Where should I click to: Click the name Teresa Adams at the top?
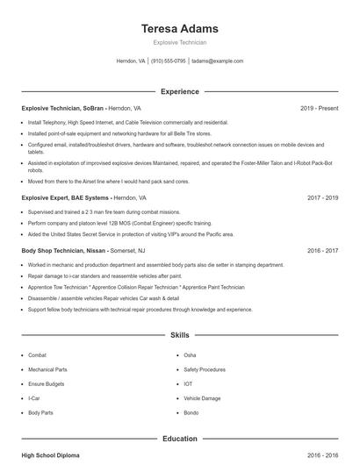[x=180, y=29]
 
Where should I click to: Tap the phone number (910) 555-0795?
[x=169, y=61]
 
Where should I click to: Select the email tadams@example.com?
[x=217, y=61]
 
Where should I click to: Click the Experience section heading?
[x=180, y=91]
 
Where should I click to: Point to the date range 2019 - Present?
[x=319, y=108]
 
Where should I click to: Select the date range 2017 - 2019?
[x=322, y=198]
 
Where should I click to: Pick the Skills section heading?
[x=180, y=335]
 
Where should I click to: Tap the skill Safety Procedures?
[x=205, y=369]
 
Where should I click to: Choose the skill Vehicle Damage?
[x=202, y=397]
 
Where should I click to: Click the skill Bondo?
[x=191, y=411]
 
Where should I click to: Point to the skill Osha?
[x=190, y=355]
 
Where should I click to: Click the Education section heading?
[x=180, y=439]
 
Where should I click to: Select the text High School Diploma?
[x=50, y=455]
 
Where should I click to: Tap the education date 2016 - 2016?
[x=322, y=455]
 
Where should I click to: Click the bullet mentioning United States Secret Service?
[x=131, y=234]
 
